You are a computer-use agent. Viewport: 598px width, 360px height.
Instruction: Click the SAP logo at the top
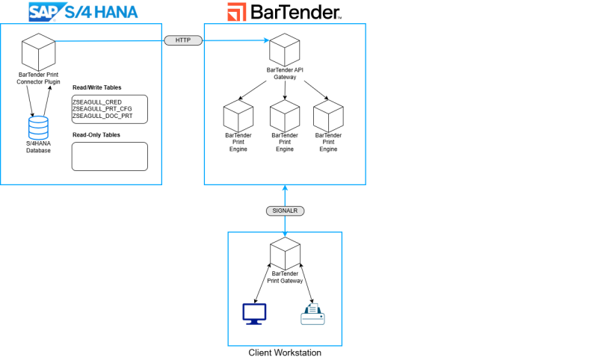pyautogui.click(x=46, y=11)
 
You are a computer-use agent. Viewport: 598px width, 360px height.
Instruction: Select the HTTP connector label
pyautogui.click(x=183, y=40)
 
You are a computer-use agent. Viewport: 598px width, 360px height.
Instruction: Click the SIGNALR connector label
pyautogui.click(x=285, y=211)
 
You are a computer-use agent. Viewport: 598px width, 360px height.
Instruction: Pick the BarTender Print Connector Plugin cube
pyautogui.click(x=38, y=52)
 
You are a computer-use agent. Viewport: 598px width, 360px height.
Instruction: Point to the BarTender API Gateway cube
pyautogui.click(x=285, y=49)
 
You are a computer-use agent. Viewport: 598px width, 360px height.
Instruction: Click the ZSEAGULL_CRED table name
pyautogui.click(x=96, y=101)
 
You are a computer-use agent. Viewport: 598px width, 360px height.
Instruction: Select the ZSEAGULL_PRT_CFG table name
pyautogui.click(x=102, y=109)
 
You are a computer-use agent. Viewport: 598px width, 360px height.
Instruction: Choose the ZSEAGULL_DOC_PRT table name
pyautogui.click(x=102, y=117)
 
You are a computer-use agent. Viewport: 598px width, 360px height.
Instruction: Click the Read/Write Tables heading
pyautogui.click(x=96, y=88)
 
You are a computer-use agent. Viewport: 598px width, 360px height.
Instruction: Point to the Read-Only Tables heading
pyautogui.click(x=96, y=135)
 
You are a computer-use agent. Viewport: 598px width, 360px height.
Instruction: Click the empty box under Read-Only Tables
pyautogui.click(x=109, y=156)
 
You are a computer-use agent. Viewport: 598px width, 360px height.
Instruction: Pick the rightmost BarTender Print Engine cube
pyautogui.click(x=328, y=117)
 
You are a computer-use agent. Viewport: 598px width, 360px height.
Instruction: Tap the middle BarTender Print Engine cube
pyautogui.click(x=285, y=117)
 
